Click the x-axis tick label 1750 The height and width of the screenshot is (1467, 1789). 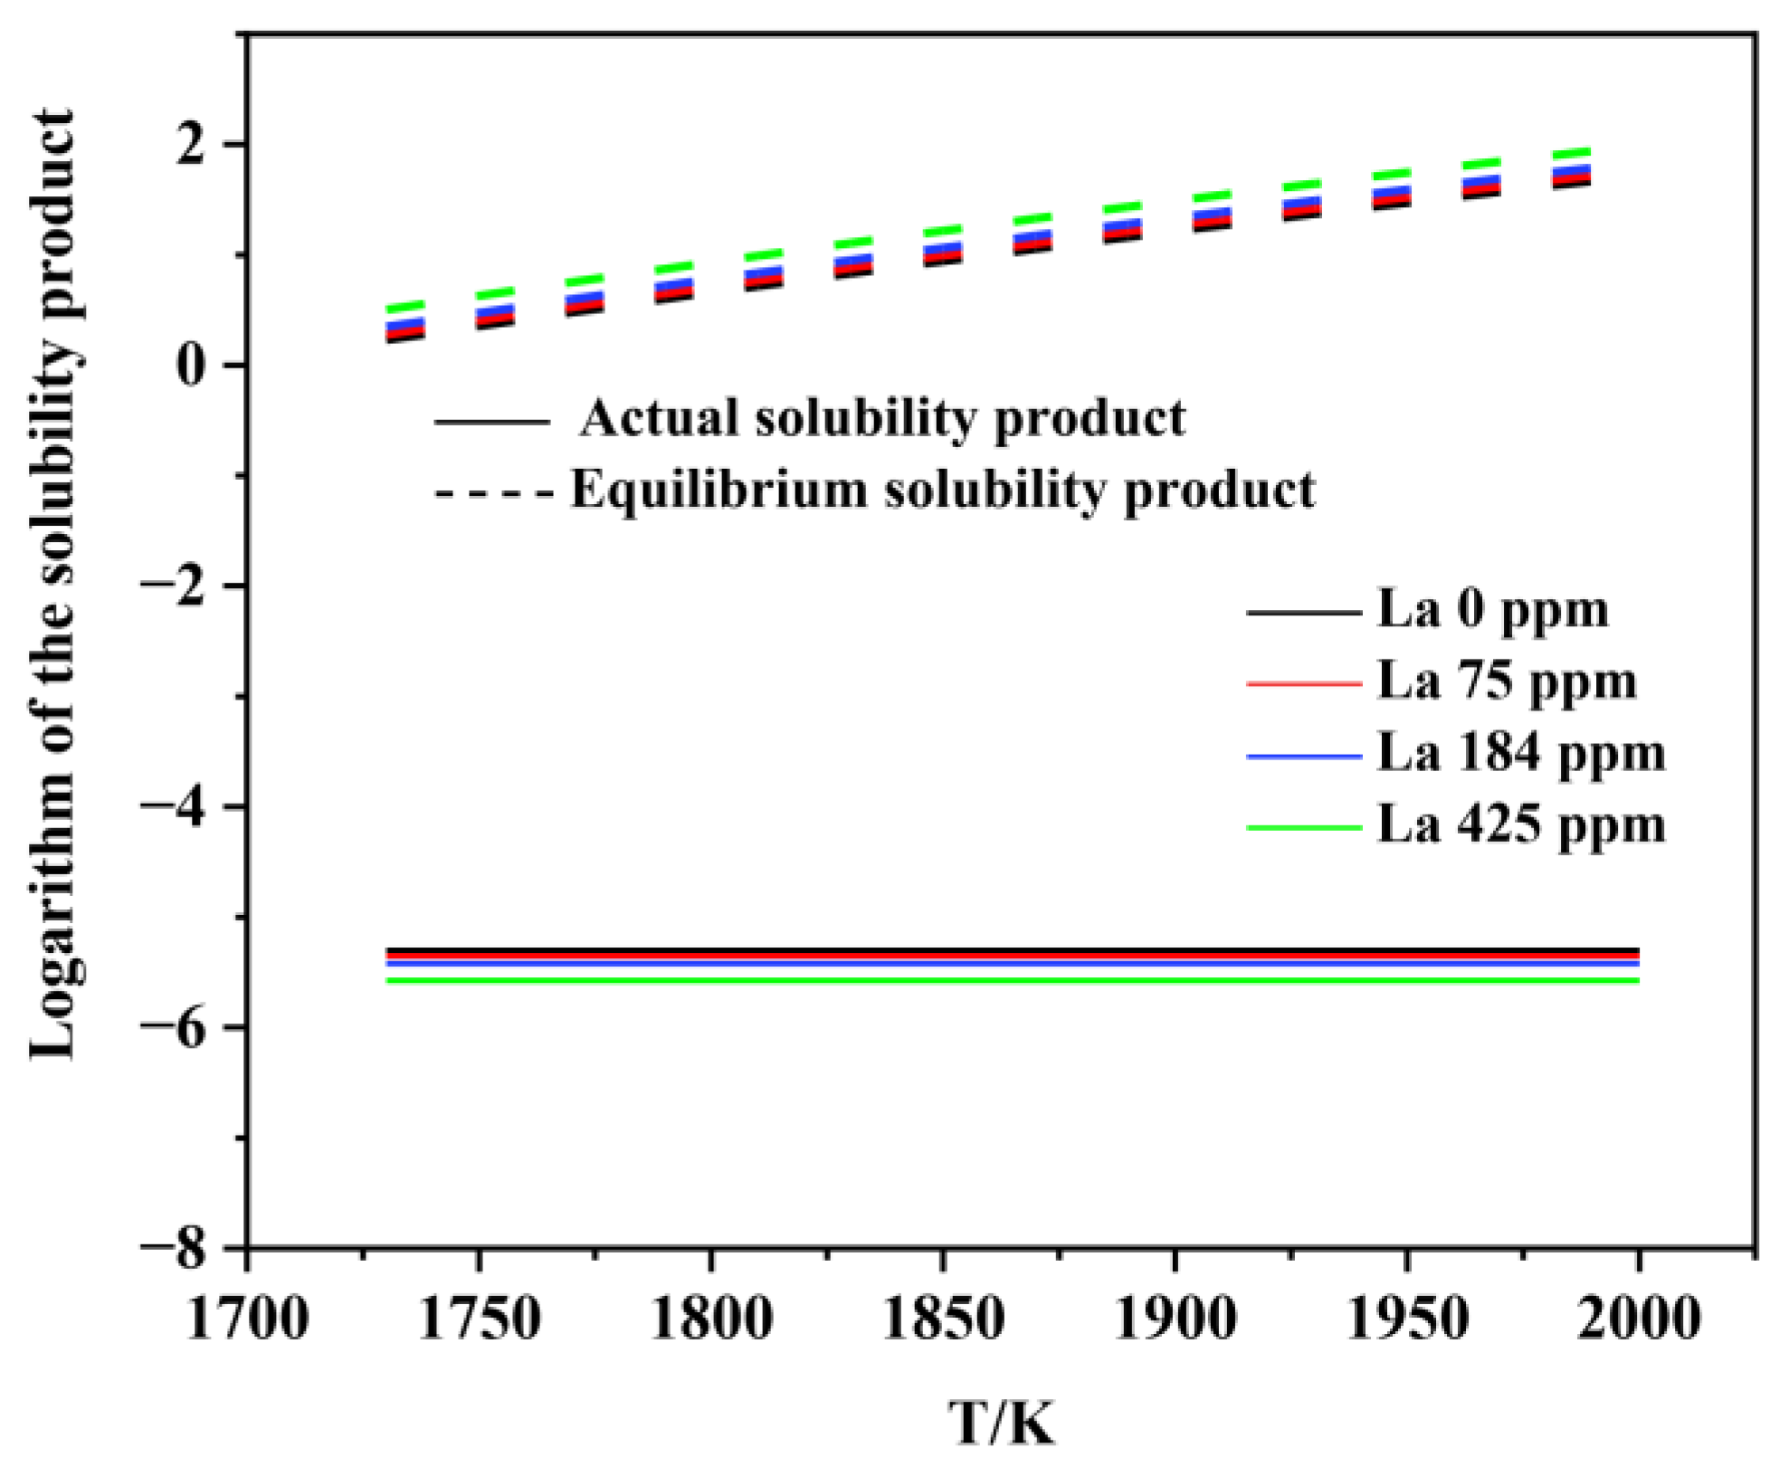[x=479, y=1320]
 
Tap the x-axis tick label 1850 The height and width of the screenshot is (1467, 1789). [x=943, y=1320]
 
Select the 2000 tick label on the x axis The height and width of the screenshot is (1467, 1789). [x=1638, y=1320]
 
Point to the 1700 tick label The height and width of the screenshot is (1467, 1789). [x=247, y=1320]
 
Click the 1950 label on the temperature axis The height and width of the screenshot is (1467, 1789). [x=1406, y=1320]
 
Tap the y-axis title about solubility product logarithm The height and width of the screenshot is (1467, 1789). [x=52, y=584]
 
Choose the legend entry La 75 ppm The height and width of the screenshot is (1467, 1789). [x=1507, y=681]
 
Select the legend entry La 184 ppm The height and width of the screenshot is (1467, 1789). [x=1520, y=753]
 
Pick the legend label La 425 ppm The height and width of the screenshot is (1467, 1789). [x=1520, y=825]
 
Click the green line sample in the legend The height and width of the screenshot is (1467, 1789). [x=1303, y=827]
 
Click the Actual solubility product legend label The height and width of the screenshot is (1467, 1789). [x=882, y=419]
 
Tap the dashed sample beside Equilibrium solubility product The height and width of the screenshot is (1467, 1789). [x=493, y=493]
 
